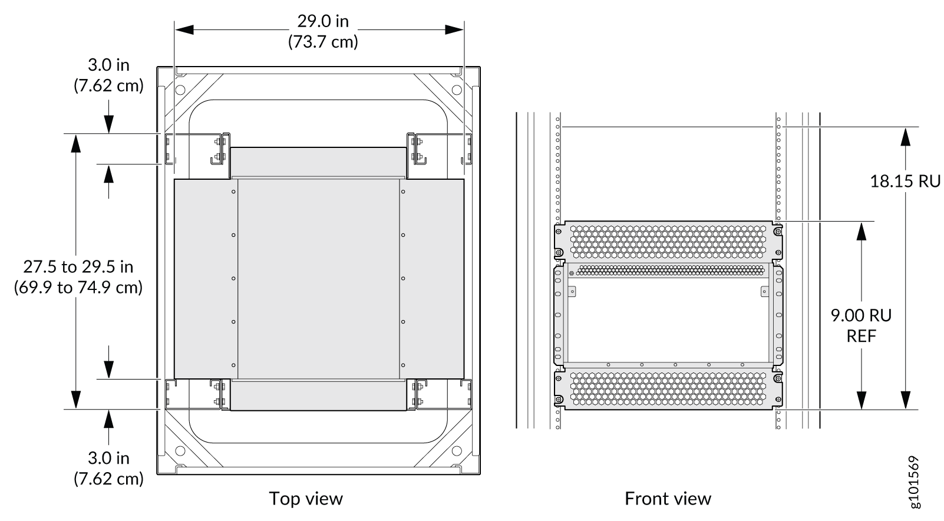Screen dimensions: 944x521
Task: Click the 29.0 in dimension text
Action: click(x=323, y=21)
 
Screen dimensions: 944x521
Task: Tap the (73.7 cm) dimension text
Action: click(x=323, y=42)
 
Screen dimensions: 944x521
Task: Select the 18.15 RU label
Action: click(x=905, y=182)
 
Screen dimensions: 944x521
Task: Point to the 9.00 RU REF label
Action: click(x=861, y=325)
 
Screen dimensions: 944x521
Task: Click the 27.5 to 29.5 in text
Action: click(x=78, y=267)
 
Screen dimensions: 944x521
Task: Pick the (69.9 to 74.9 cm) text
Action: click(x=78, y=288)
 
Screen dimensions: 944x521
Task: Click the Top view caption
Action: click(x=306, y=499)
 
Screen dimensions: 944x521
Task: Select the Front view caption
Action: click(x=668, y=499)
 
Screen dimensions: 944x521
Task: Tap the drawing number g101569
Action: click(x=915, y=482)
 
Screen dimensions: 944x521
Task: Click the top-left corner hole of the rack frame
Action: click(x=180, y=90)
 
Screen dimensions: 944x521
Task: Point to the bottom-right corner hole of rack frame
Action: click(x=457, y=451)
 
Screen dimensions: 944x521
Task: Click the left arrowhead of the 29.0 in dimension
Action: click(x=184, y=29)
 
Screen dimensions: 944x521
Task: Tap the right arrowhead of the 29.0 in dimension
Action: click(x=454, y=29)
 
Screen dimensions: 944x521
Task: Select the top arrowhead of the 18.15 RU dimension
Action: click(x=905, y=136)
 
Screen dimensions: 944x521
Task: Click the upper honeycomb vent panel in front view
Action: click(x=668, y=242)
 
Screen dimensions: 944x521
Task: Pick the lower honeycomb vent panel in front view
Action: click(x=668, y=388)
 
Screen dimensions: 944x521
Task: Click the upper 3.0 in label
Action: click(x=109, y=65)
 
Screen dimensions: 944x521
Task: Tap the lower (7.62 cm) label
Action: click(x=109, y=479)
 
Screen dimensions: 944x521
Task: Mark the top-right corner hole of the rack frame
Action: click(x=457, y=90)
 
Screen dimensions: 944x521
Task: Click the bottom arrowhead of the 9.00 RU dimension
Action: click(x=862, y=400)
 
